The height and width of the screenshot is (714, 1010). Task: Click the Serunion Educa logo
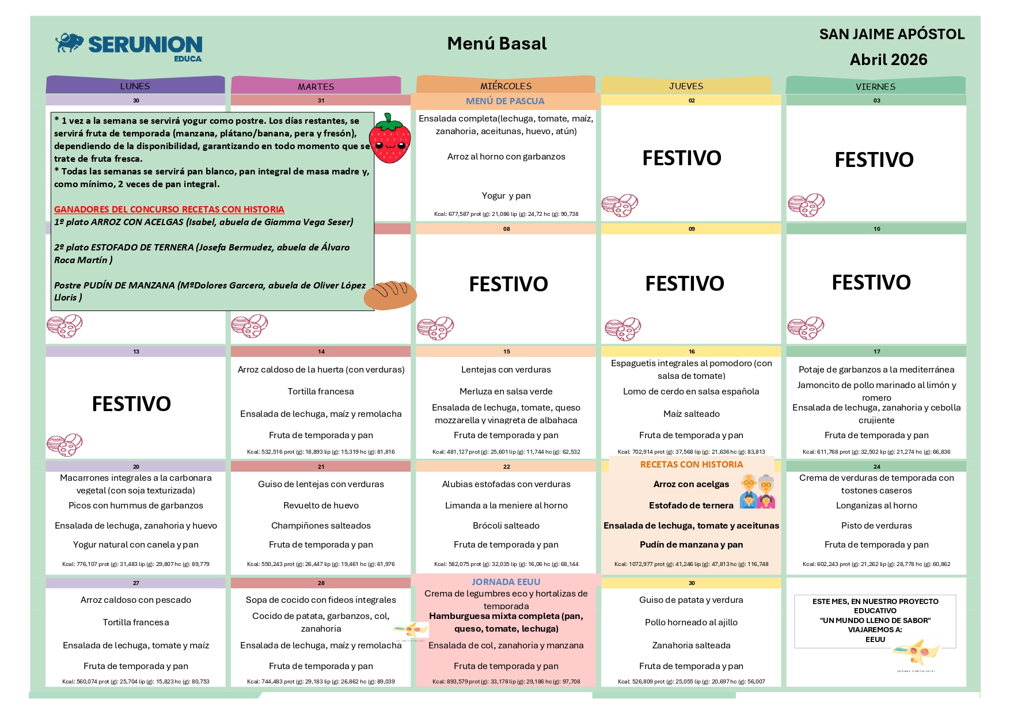pyautogui.click(x=129, y=46)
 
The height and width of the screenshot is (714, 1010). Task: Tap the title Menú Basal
pyautogui.click(x=497, y=44)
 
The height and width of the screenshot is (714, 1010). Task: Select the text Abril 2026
pyautogui.click(x=889, y=60)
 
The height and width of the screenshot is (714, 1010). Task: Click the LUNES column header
pyautogui.click(x=135, y=86)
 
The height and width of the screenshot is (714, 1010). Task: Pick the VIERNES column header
pyautogui.click(x=875, y=86)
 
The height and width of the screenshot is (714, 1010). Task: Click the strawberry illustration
pyautogui.click(x=390, y=139)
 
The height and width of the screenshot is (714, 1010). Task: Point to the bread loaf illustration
pyautogui.click(x=390, y=295)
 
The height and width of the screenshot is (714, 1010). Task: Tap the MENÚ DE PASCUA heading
pyautogui.click(x=505, y=101)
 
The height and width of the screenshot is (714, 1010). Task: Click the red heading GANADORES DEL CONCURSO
pyautogui.click(x=169, y=210)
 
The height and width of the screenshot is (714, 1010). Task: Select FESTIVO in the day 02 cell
pyautogui.click(x=682, y=158)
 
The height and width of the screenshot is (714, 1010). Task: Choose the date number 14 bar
pyautogui.click(x=321, y=351)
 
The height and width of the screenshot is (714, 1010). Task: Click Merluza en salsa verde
pyautogui.click(x=506, y=392)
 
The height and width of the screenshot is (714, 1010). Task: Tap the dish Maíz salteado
pyautogui.click(x=691, y=414)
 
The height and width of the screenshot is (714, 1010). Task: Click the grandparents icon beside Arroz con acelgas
pyautogui.click(x=757, y=491)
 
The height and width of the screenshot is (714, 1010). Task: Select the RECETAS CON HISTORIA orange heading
pyautogui.click(x=692, y=465)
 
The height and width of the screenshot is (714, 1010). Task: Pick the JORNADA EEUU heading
pyautogui.click(x=506, y=582)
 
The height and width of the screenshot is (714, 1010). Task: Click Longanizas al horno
pyautogui.click(x=876, y=506)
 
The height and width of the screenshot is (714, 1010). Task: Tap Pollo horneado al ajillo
pyautogui.click(x=691, y=622)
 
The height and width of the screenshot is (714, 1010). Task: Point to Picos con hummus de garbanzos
pyautogui.click(x=136, y=506)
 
